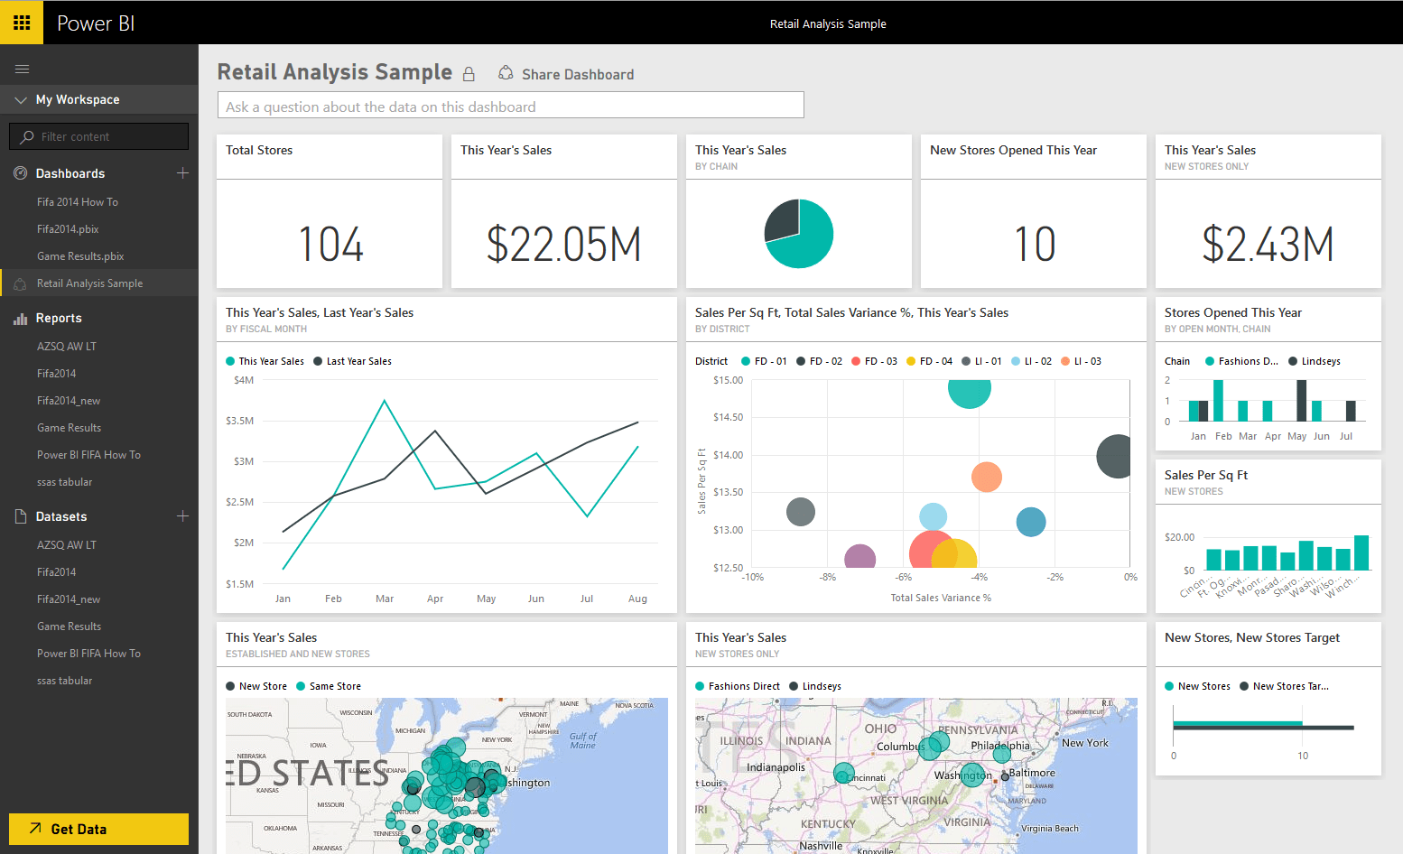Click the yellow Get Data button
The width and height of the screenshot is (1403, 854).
[x=98, y=829]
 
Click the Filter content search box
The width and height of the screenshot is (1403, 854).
[x=99, y=136]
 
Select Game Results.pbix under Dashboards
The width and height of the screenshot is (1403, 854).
[x=80, y=256]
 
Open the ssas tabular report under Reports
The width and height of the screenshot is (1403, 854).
[x=64, y=482]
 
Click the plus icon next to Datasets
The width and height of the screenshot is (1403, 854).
[x=182, y=516]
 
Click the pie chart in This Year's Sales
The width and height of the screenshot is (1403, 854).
[x=798, y=234]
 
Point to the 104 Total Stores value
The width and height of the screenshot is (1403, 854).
[x=330, y=245]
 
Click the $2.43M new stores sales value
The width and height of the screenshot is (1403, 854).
[x=1268, y=245]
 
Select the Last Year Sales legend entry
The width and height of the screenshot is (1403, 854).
[x=358, y=361]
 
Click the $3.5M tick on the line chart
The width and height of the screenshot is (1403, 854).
[x=239, y=421]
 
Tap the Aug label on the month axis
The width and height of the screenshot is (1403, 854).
[x=637, y=599]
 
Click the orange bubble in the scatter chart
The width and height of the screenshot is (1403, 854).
[x=986, y=477]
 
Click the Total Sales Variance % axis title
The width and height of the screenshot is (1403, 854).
[x=941, y=598]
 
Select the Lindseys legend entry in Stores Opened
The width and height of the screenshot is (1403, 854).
[x=1320, y=361]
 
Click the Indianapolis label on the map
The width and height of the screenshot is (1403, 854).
[x=776, y=767]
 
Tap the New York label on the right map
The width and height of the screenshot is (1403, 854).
[x=1084, y=743]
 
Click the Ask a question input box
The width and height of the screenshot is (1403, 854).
[x=510, y=106]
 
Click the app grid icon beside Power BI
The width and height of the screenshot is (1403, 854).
[x=22, y=23]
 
